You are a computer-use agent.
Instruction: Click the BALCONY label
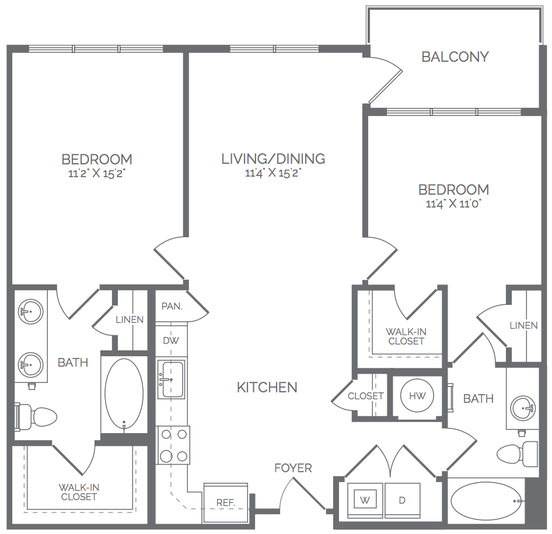(x=455, y=57)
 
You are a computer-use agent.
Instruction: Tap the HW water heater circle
(x=417, y=396)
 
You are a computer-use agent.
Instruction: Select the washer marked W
(x=365, y=500)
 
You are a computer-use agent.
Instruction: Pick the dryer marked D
(x=403, y=500)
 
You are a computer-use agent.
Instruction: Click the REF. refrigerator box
(x=226, y=503)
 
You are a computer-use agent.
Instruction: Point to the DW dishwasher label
(x=171, y=340)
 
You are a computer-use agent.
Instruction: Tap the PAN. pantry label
(x=172, y=307)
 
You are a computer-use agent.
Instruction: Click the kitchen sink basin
(x=171, y=379)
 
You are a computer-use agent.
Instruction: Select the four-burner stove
(x=173, y=445)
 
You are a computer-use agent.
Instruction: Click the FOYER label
(x=294, y=468)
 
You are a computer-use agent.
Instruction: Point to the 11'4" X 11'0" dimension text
(x=454, y=203)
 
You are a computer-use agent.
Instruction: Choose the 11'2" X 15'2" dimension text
(x=97, y=173)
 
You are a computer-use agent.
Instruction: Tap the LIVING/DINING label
(x=273, y=159)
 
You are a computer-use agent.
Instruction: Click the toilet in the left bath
(x=36, y=417)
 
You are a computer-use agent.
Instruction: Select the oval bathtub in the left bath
(x=124, y=394)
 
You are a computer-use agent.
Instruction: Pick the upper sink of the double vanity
(x=31, y=312)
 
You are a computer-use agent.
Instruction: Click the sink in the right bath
(x=523, y=408)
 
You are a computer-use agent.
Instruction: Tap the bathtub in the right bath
(x=486, y=501)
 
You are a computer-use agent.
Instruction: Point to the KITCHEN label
(x=267, y=388)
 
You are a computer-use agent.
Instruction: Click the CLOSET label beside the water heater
(x=366, y=396)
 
